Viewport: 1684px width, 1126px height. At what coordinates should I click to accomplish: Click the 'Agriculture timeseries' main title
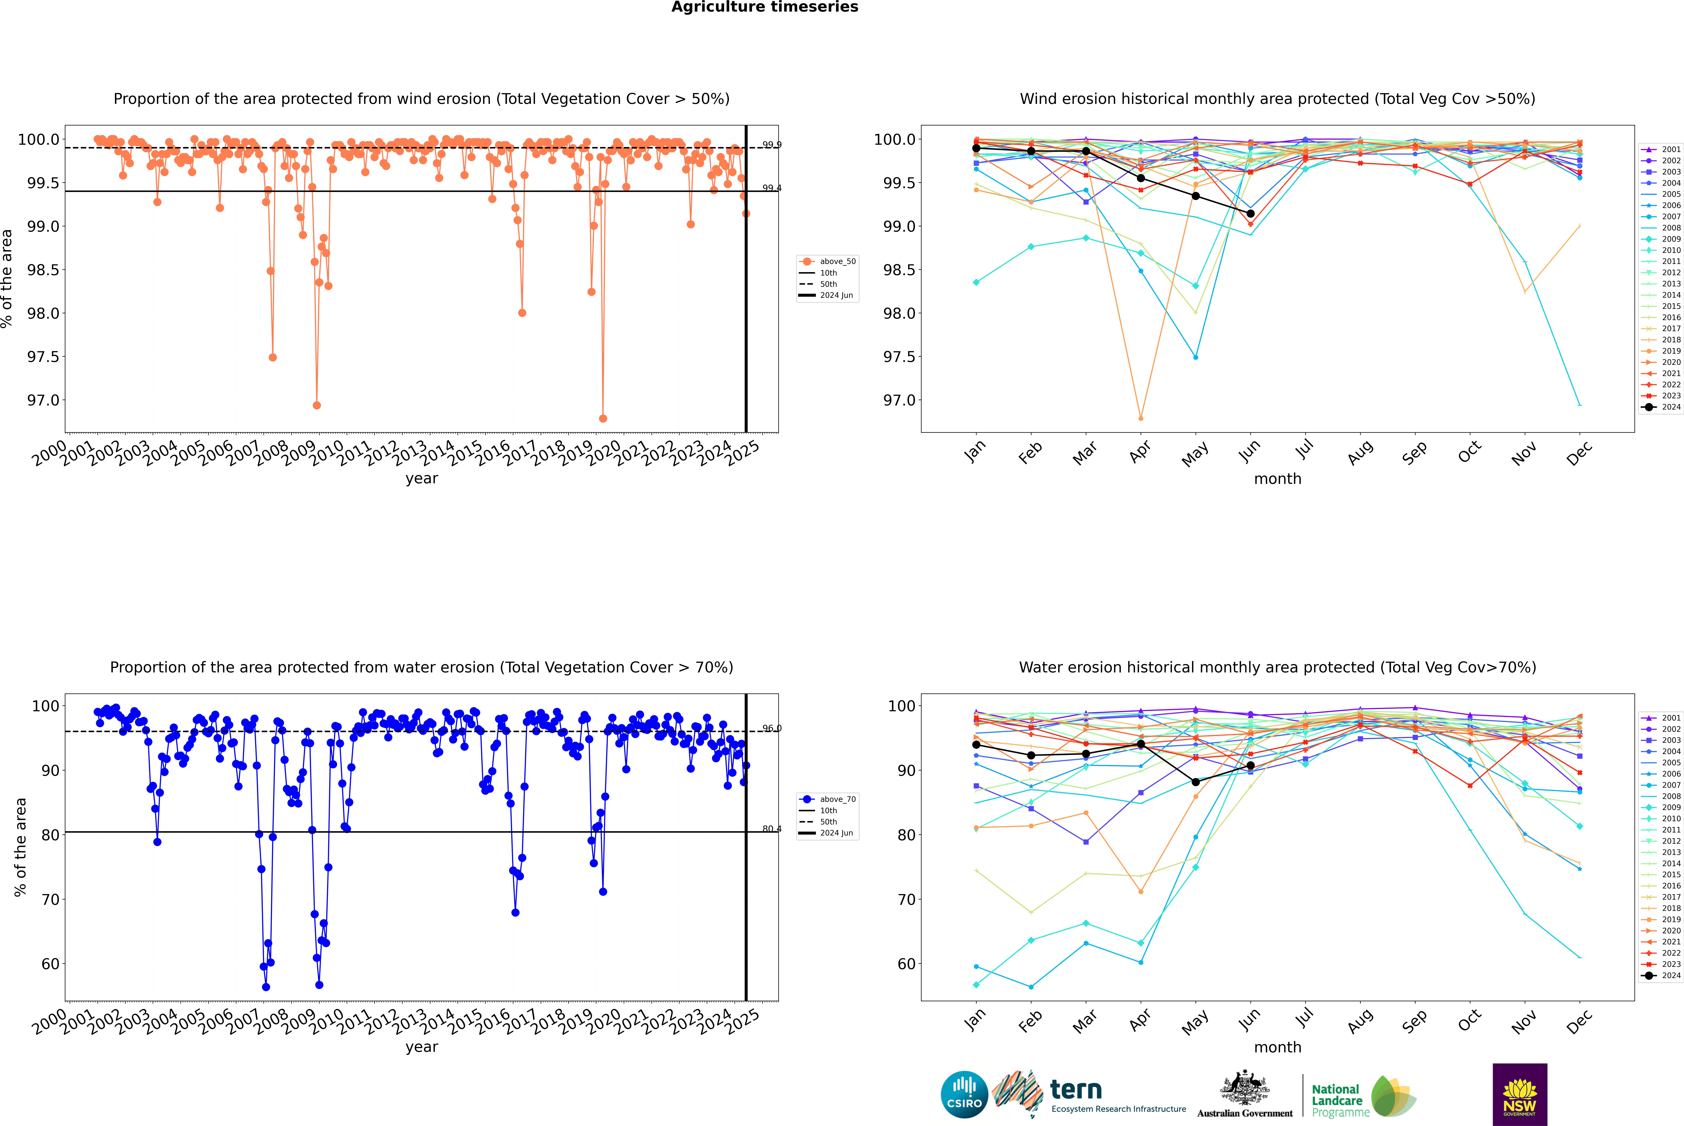coord(764,7)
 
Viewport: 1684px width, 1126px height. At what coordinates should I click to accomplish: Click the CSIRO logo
coord(964,1094)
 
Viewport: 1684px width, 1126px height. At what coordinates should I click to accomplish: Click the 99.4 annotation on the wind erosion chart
coord(772,188)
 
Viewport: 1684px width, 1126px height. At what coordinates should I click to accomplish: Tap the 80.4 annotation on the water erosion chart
coord(772,829)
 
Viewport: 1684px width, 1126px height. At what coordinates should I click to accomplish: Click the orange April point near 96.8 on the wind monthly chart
coord(1141,418)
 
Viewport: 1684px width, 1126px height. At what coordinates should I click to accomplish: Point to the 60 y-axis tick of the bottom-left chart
coord(50,964)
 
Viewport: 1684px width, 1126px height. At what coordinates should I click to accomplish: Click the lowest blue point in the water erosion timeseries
coord(266,987)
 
